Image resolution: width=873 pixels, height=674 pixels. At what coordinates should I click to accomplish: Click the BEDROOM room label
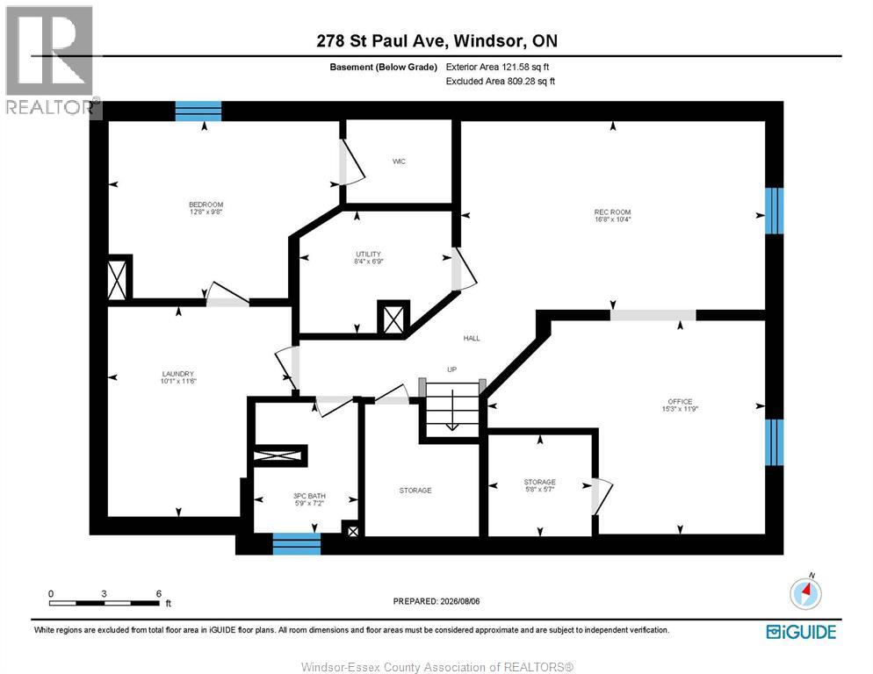tap(206, 204)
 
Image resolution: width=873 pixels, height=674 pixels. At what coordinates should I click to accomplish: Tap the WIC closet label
tap(400, 161)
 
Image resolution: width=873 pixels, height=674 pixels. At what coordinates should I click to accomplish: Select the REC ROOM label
tap(612, 212)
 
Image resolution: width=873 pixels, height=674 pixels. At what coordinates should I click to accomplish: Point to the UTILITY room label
tap(369, 254)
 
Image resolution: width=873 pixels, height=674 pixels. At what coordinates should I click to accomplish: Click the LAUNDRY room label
tap(178, 374)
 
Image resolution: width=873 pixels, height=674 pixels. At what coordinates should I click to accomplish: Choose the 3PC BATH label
tap(309, 496)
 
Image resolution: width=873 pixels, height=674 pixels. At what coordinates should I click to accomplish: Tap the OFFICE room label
tap(680, 401)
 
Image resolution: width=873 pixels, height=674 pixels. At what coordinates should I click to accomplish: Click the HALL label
tap(472, 338)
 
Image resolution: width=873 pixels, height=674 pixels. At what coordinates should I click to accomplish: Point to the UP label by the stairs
tap(452, 369)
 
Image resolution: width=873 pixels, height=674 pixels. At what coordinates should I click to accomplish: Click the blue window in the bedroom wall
tap(198, 111)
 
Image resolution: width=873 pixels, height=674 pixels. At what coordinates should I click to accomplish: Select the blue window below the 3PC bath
tap(297, 544)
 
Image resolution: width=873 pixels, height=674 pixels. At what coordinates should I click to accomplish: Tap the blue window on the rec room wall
tap(774, 211)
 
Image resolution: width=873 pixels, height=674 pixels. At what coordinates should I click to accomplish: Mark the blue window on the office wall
tap(774, 442)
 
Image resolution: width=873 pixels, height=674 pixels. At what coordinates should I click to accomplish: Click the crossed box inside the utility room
tap(393, 319)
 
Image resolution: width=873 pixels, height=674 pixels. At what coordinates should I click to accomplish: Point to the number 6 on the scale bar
tap(159, 594)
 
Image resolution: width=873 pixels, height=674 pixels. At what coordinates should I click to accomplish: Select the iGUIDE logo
tap(801, 632)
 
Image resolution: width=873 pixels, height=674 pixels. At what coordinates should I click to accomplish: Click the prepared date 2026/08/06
tap(459, 601)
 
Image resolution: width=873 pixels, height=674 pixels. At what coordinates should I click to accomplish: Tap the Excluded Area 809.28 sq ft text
tap(501, 82)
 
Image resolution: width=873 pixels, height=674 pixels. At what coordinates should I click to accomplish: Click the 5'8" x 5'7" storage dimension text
tap(540, 489)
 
